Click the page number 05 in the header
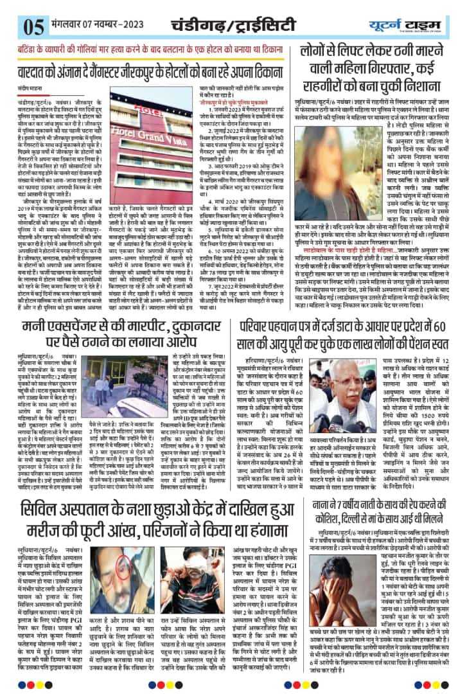point(13,25)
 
